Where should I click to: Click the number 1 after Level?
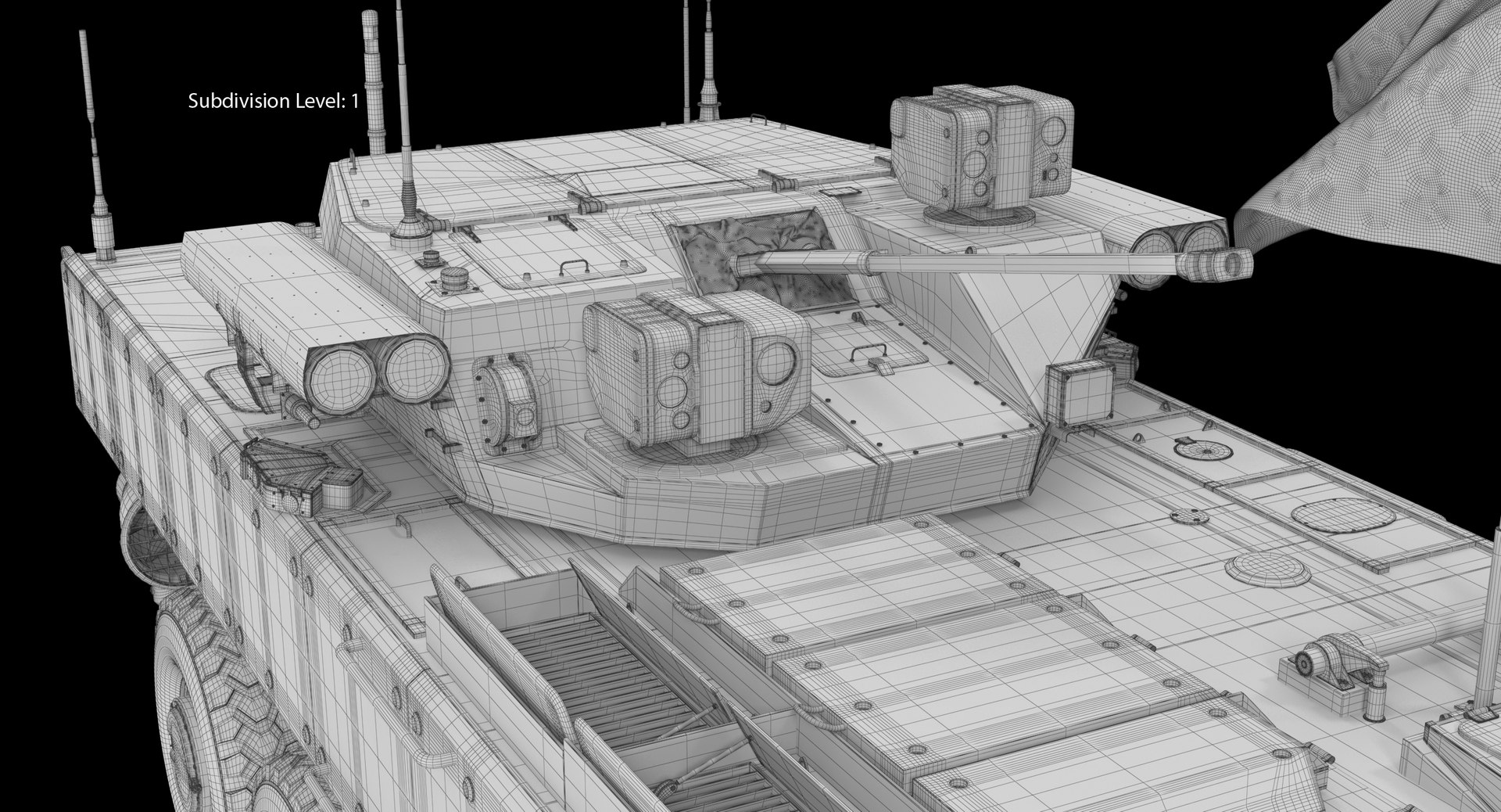354,101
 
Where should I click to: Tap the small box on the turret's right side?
1080,393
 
